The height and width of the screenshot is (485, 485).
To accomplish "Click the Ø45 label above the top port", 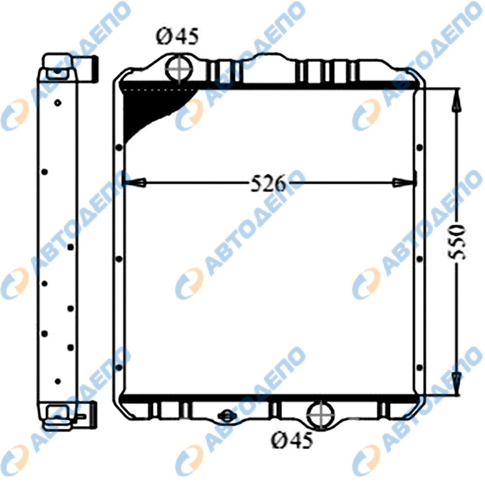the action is pos(178,36).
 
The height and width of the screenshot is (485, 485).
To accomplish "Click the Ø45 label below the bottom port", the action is pos(292,440).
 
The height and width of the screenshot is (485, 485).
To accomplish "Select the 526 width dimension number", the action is pos(268,183).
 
